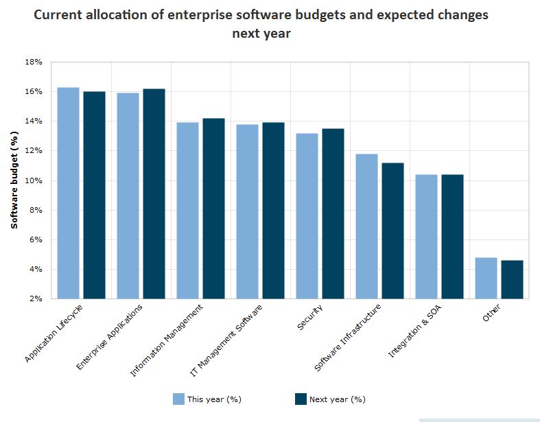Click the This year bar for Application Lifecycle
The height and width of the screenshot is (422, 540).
tap(68, 193)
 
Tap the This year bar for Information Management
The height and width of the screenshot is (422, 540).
tap(187, 211)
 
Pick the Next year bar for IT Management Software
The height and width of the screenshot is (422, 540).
tap(273, 211)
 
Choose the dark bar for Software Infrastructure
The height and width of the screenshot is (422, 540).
tap(393, 231)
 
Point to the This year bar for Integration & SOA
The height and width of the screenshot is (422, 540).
tap(426, 237)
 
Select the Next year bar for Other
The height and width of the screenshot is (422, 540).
tap(512, 279)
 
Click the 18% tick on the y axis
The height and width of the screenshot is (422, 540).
tap(34, 62)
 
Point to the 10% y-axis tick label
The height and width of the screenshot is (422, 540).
tap(34, 180)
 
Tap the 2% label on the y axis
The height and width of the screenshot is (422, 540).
tap(36, 299)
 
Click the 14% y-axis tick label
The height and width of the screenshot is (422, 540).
tap(34, 121)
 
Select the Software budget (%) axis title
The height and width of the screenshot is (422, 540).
tap(14, 180)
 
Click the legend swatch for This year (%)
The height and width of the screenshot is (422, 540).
tap(178, 399)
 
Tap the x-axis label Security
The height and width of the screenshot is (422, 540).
tap(310, 317)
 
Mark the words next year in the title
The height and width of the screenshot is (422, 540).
tap(261, 34)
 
